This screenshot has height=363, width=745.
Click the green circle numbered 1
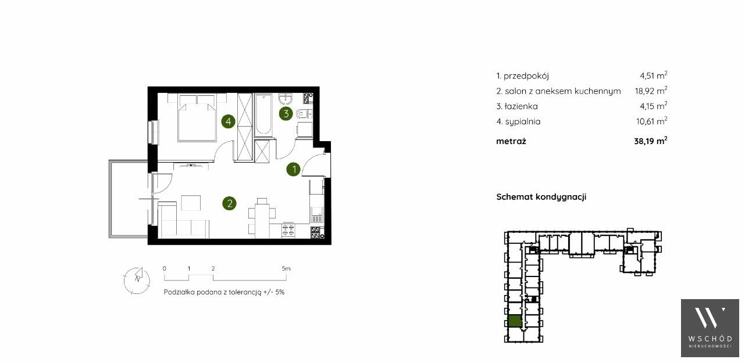[x=293, y=170]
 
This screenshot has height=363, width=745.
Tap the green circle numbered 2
[x=229, y=203]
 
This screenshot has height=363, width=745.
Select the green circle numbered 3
[x=286, y=114]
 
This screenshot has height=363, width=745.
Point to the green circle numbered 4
[x=228, y=121]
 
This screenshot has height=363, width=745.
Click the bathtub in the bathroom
[x=263, y=115]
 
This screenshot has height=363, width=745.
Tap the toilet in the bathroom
[x=304, y=114]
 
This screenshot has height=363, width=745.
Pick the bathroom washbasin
[x=285, y=98]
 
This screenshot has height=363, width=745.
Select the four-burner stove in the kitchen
[x=288, y=230]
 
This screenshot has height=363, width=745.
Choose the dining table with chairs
[x=262, y=218]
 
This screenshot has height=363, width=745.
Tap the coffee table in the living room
[x=191, y=203]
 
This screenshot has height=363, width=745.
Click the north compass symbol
[x=137, y=281]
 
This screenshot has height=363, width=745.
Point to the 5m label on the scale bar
[x=286, y=268]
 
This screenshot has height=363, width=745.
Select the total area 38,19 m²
[x=651, y=141]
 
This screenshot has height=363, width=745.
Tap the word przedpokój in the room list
[x=526, y=76]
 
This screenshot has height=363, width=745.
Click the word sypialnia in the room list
[x=522, y=121]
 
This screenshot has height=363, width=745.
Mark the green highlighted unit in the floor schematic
[x=515, y=322]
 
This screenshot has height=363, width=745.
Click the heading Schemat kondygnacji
[x=541, y=197]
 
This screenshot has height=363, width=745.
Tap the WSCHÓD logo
[x=710, y=328]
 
